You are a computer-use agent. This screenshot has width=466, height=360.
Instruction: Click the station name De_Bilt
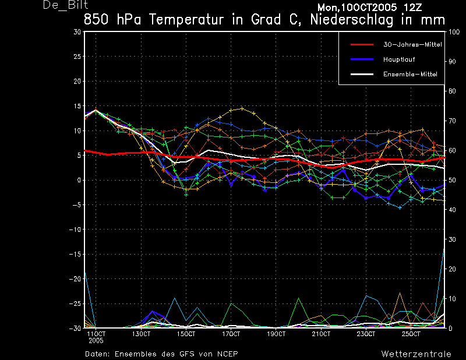coord(66,5)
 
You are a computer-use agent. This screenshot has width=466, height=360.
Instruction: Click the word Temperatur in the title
coord(186,20)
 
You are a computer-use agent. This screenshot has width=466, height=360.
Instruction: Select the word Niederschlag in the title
coord(352,20)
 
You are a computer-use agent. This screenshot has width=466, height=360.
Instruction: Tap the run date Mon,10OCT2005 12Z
coord(369,7)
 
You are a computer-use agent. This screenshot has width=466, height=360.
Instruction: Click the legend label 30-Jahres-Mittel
coord(412,45)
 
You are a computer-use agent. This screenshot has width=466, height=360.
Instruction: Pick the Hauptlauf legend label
coord(399,59)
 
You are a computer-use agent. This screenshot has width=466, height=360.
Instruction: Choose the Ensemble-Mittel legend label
coord(410,74)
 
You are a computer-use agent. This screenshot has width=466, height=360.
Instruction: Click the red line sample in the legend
coord(362,45)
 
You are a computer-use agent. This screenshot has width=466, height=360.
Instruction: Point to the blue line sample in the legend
coord(362,59)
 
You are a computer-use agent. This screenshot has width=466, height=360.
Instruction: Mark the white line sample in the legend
coord(362,74)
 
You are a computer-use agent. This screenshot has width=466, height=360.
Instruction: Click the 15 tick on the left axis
coord(77,106)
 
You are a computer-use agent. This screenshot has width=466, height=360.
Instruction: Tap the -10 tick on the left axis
coord(75,230)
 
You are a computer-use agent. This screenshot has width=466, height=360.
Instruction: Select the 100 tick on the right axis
coord(454,32)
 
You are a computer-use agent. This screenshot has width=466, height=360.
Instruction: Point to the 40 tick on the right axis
coord(452,210)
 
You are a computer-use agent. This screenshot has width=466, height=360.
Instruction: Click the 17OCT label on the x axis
coord(231,334)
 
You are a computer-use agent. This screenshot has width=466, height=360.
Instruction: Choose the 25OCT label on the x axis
coord(411,334)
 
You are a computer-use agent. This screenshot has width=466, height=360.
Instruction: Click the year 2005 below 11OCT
coord(96,341)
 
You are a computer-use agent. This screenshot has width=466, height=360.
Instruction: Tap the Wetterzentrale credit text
coord(416,354)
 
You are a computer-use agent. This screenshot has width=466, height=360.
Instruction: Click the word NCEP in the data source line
coord(228,354)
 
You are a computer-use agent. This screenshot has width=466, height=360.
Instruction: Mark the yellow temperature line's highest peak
coord(242,108)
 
